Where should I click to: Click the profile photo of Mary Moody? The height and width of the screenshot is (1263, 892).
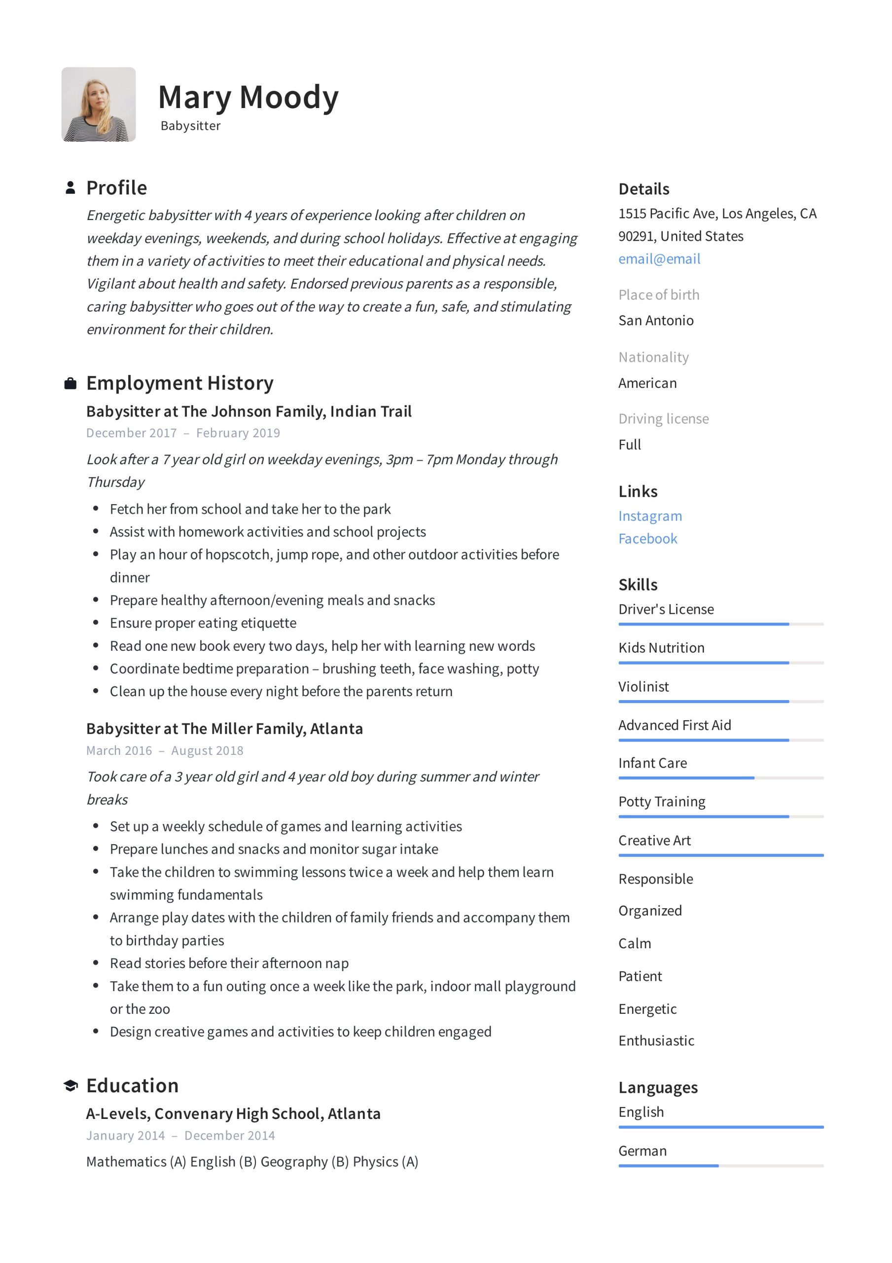(99, 105)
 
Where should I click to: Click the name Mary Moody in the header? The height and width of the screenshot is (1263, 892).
(248, 97)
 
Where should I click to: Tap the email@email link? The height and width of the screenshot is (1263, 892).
(659, 259)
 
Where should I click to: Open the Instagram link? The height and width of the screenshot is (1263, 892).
(649, 516)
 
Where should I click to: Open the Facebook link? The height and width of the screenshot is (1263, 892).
(647, 539)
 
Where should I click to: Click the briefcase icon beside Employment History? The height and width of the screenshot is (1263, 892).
(71, 383)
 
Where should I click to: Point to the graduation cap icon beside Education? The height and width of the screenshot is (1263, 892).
(71, 1085)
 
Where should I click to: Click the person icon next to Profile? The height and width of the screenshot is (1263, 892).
(71, 187)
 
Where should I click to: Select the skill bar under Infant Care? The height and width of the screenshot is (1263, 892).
(720, 778)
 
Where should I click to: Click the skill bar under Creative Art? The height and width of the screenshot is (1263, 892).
(720, 855)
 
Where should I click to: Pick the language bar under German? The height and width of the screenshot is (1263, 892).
(720, 1166)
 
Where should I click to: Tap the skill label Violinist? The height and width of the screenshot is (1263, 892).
(643, 686)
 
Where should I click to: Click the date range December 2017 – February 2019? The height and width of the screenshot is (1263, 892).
(182, 433)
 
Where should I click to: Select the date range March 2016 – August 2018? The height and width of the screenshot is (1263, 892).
(164, 750)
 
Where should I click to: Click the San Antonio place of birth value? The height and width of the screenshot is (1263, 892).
(655, 320)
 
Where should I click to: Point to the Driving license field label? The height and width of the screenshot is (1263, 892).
(663, 419)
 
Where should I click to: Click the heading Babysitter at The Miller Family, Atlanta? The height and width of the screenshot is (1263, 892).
(224, 728)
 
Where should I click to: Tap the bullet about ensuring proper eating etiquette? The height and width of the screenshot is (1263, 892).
(203, 623)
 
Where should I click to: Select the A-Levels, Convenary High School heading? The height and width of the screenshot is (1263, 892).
(233, 1114)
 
